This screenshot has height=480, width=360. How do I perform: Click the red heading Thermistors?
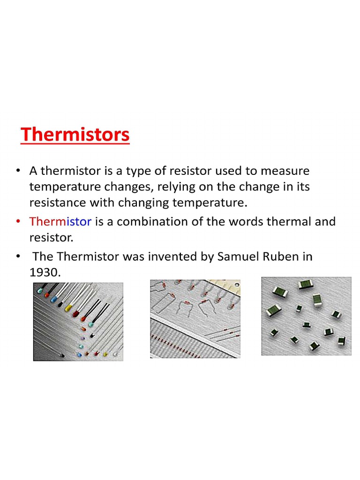click(75, 135)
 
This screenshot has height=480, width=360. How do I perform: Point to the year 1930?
click(45, 272)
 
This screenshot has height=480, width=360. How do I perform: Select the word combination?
click(155, 221)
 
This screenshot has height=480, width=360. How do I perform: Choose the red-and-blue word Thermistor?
click(60, 221)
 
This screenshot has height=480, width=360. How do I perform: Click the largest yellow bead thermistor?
click(68, 309)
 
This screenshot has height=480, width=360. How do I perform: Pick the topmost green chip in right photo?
click(306, 284)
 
